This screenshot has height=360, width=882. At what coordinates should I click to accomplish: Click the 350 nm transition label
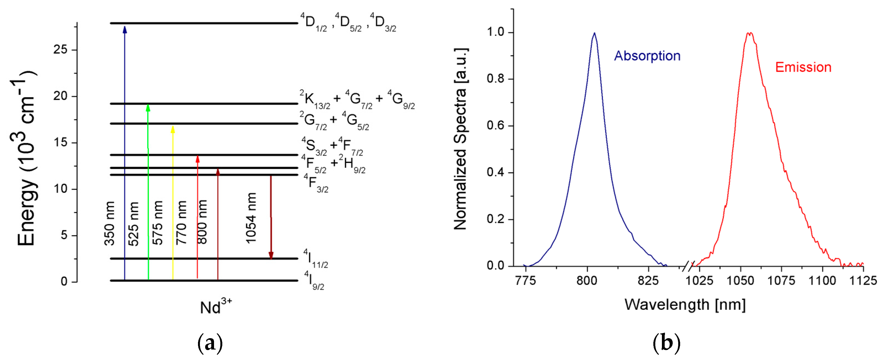pos(110,223)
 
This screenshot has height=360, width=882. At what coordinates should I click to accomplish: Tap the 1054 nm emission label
pos(251,218)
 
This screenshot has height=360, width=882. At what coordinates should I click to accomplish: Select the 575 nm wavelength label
pos(157,223)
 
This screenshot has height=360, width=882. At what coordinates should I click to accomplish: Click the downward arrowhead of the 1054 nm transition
pos(271,255)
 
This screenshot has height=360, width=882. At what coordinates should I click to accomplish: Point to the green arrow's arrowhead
pos(148,107)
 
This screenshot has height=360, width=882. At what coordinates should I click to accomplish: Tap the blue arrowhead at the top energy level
pos(125,30)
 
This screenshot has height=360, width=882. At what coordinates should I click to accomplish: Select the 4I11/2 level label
pos(315,259)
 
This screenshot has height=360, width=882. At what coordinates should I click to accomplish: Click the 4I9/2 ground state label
pos(314,280)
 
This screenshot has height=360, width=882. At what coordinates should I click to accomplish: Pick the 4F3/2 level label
pos(316,183)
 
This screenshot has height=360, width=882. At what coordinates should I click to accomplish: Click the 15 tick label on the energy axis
pos(60,143)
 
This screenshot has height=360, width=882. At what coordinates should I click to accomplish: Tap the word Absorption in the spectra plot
pos(647,56)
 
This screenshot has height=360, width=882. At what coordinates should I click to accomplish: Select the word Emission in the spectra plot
pos(803,67)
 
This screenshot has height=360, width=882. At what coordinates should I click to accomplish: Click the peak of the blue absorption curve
pos(594,33)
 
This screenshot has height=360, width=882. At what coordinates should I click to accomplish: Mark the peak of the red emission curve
pos(749,33)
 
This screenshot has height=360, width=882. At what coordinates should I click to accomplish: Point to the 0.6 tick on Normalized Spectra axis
pos(495,126)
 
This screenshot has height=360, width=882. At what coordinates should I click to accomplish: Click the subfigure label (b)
pos(666,343)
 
